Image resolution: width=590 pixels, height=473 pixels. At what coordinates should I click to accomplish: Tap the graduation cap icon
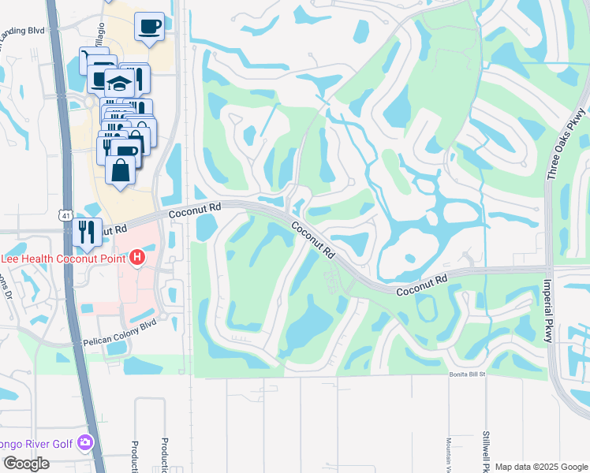click(x=121, y=84)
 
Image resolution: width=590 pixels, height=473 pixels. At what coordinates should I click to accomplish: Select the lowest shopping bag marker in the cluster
click(x=121, y=169)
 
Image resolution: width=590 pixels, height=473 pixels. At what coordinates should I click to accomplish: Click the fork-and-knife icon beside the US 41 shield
click(x=87, y=229)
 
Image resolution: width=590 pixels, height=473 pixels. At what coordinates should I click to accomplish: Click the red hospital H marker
click(x=138, y=257)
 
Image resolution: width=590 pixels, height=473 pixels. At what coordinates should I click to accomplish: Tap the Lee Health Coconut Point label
click(x=64, y=257)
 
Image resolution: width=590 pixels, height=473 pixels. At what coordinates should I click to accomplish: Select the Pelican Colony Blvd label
click(x=120, y=333)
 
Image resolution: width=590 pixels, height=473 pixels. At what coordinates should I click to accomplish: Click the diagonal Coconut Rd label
click(x=314, y=240)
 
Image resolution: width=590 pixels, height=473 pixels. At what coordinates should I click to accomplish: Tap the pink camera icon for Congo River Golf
click(x=85, y=444)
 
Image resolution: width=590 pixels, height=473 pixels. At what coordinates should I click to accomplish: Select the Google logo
click(x=26, y=464)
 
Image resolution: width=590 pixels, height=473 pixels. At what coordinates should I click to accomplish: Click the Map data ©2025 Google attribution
click(x=542, y=467)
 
